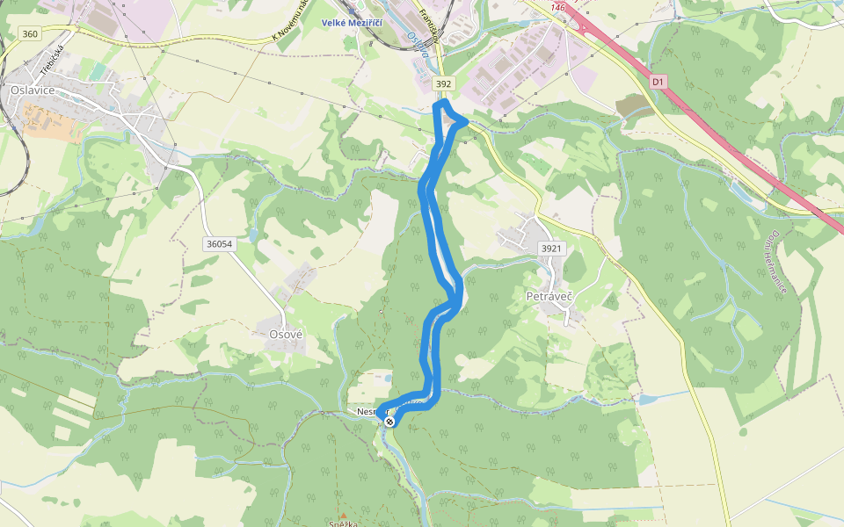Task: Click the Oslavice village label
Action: tap(33, 90)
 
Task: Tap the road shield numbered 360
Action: tap(30, 33)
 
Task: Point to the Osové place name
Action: tap(286, 335)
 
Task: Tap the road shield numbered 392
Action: tap(444, 83)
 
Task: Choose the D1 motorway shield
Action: tap(658, 82)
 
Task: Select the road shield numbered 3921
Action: tap(550, 249)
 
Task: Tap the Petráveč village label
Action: tap(549, 297)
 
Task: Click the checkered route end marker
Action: tap(389, 422)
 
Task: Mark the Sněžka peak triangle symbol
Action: tap(343, 516)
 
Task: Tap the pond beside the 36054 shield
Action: tap(253, 235)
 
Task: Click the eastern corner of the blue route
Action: tap(466, 120)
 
